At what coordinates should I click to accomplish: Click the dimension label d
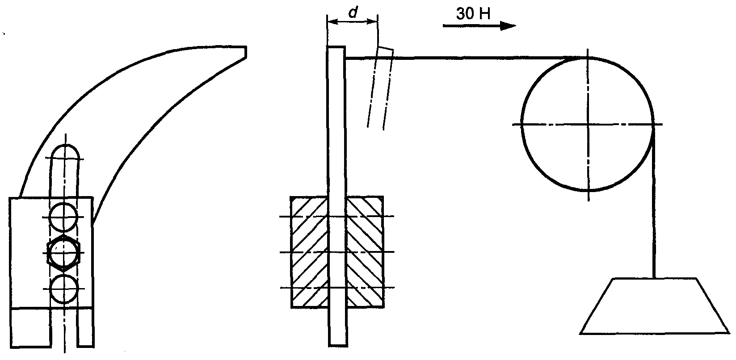coord(353,13)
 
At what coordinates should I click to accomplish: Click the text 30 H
coord(473,14)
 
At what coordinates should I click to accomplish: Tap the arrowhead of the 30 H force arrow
coord(508,25)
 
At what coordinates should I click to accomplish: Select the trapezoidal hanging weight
coord(654,306)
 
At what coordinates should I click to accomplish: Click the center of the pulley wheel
coord(588,124)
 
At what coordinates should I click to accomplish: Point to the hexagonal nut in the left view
coord(64,253)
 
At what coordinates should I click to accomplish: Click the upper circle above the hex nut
coord(63,217)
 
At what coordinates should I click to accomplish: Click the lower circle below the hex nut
coord(64,289)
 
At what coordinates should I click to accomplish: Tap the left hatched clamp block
coord(309,252)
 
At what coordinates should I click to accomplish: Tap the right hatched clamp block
coord(365,252)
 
